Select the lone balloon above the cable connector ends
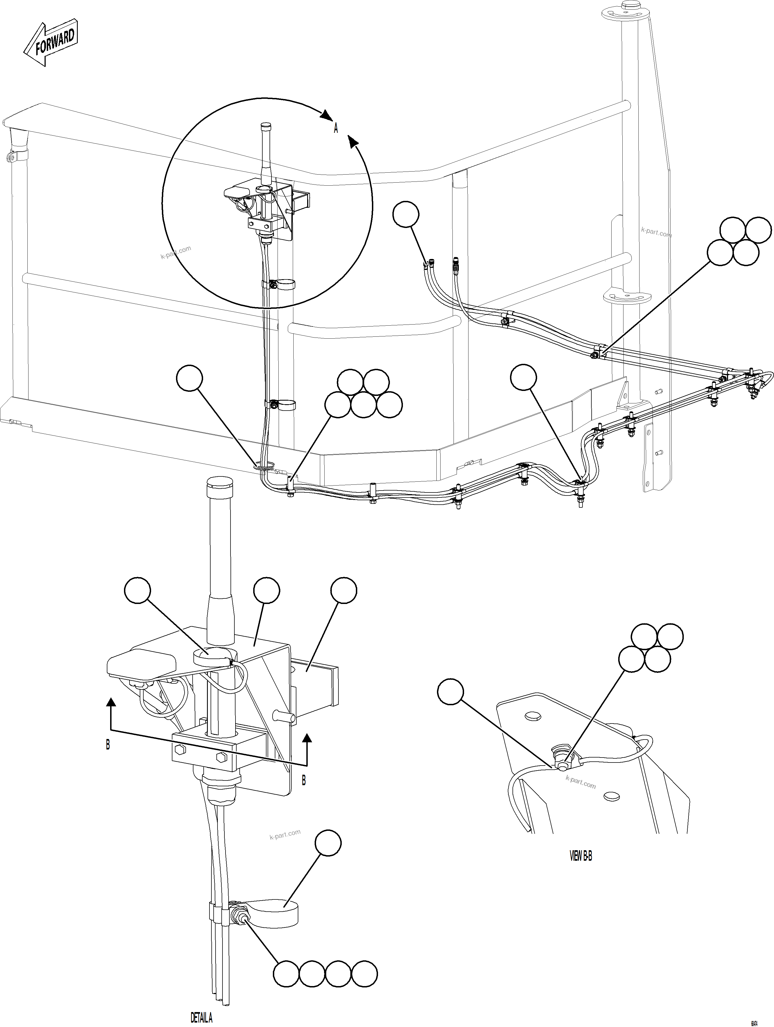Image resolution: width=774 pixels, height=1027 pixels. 406,214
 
